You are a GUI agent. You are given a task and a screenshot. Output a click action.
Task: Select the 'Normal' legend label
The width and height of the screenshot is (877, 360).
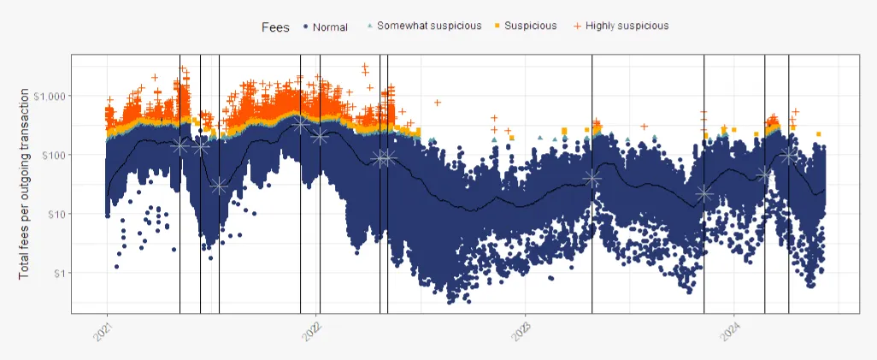[330, 27]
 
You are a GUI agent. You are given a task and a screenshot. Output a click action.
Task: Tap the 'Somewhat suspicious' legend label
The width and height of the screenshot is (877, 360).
[429, 26]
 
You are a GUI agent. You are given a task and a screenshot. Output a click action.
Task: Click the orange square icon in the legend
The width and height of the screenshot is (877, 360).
[497, 27]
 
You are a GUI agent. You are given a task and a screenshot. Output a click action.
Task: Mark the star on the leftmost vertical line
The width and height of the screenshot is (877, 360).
[180, 146]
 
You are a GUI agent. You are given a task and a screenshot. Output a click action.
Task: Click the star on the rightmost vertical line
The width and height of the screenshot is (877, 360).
[788, 155]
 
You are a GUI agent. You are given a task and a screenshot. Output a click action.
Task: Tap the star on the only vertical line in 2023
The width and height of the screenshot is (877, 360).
[592, 178]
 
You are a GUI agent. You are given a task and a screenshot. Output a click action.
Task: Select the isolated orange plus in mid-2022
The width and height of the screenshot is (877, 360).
[437, 103]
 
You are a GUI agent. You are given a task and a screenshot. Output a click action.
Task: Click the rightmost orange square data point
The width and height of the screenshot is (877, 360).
[818, 134]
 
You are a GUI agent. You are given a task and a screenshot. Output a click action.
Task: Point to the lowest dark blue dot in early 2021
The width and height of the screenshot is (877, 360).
[116, 267]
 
